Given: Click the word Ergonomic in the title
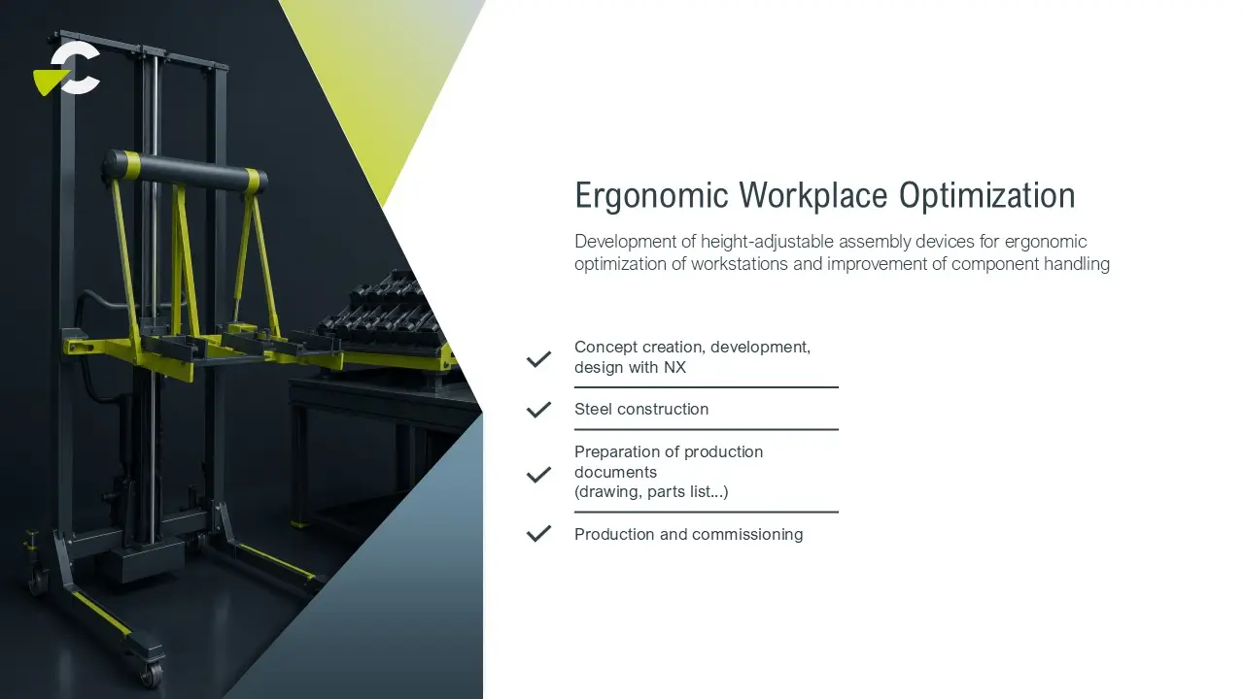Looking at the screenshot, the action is [651, 196].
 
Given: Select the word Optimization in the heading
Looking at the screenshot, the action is [986, 195].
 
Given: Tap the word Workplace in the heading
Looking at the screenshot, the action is [813, 195].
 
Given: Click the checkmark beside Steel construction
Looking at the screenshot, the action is [538, 410].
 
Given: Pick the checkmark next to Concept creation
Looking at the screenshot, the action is [538, 359].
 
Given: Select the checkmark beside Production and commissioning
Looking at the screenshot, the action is [538, 534].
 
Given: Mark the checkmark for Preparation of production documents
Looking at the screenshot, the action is [538, 475].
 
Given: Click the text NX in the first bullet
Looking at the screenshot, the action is [674, 367].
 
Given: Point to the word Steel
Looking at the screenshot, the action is [594, 410].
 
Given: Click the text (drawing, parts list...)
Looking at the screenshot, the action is [651, 492].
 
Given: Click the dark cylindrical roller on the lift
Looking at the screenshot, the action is [186, 170].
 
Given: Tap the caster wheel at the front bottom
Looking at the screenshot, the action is [151, 673].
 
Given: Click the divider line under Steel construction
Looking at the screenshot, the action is [707, 429].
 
